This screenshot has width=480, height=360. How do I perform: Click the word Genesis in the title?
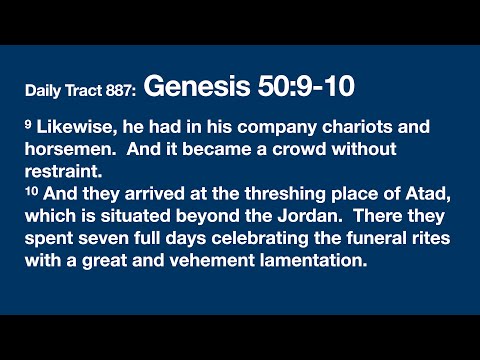(188, 88)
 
